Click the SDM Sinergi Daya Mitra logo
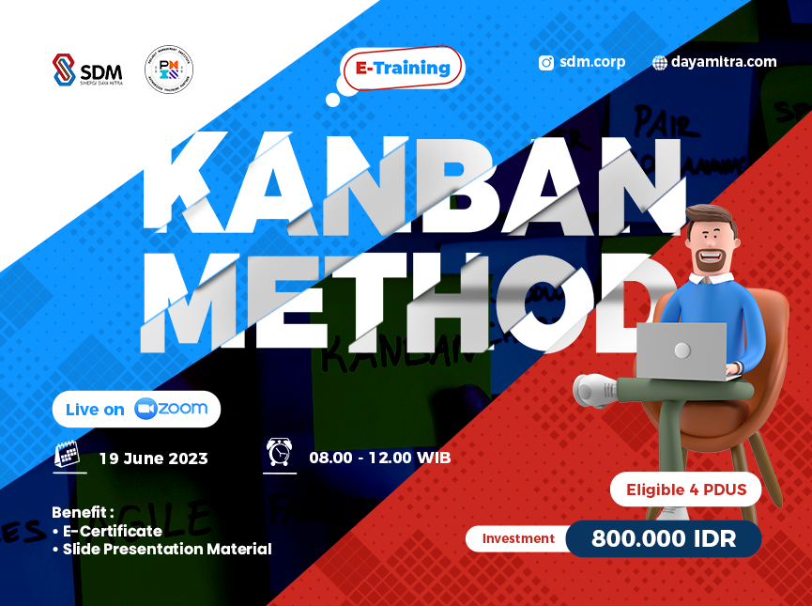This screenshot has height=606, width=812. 87,70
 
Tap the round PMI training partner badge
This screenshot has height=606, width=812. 169,70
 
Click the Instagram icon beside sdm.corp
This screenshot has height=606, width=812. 545,63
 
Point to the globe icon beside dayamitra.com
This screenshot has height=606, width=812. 660,63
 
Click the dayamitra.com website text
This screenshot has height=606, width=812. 723,62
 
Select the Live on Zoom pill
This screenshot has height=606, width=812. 137,409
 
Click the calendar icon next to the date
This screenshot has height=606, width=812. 68,456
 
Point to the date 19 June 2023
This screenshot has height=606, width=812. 153,458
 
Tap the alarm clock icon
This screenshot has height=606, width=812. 279,454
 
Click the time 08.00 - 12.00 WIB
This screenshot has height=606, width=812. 379,458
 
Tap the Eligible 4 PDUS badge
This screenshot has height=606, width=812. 686,489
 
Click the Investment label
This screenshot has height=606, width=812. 518,538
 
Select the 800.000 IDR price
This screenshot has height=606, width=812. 663,538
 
